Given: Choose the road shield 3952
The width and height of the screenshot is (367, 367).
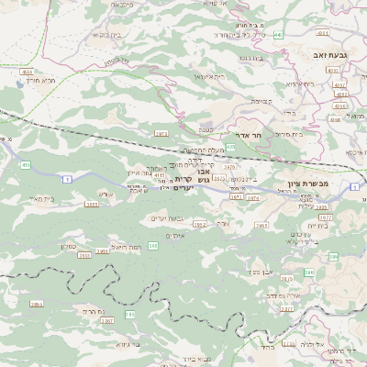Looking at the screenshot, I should [198, 224].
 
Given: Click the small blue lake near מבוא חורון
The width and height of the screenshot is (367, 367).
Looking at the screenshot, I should [20, 82].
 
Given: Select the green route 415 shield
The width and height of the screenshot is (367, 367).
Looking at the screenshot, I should [25, 165].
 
